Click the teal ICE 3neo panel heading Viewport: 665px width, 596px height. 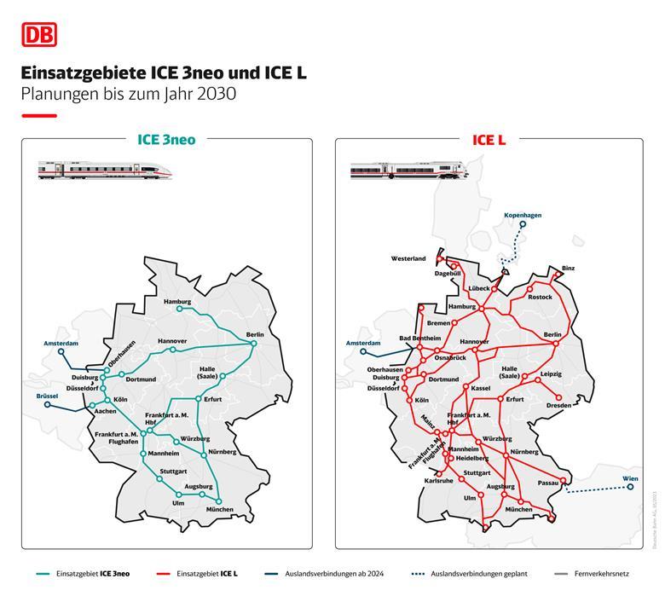pyautogui.click(x=166, y=140)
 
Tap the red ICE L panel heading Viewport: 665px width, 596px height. pyautogui.click(x=489, y=140)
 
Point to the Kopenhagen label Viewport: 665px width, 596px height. pyautogui.click(x=523, y=216)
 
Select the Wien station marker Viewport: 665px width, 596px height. pyautogui.click(x=631, y=488)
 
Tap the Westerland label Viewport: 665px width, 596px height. pyautogui.click(x=408, y=258)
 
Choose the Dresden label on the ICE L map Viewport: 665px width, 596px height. pyautogui.click(x=559, y=406)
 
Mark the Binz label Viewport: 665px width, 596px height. pyautogui.click(x=568, y=269)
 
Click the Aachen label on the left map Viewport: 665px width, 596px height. pyautogui.click(x=105, y=411)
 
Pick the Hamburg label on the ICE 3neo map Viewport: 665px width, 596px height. pyautogui.click(x=176, y=302)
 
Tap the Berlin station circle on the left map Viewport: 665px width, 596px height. pyautogui.click(x=253, y=344)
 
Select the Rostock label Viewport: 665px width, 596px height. pyautogui.click(x=540, y=297)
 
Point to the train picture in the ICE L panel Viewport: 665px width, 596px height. pyautogui.click(x=408, y=171)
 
